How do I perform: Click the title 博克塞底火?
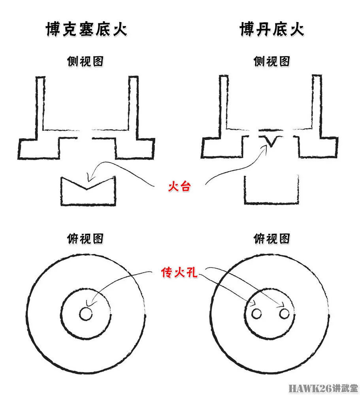click(86, 30)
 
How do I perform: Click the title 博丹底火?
click(271, 30)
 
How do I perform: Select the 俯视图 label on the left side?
click(86, 239)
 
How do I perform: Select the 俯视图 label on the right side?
click(271, 239)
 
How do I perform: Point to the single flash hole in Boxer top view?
click(86, 314)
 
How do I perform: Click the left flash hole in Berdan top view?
click(257, 314)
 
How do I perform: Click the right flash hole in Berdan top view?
click(284, 314)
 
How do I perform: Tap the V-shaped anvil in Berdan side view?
click(271, 141)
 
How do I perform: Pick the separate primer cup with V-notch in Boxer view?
click(88, 192)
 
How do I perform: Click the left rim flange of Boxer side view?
click(38, 148)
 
